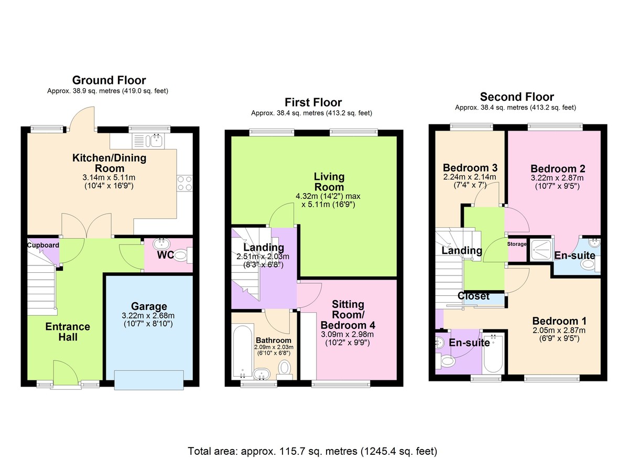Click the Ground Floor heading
coord(109,80)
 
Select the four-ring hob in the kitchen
coord(185,183)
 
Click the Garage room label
coord(149,306)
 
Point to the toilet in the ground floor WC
coord(181,256)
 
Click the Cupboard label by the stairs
coord(43,245)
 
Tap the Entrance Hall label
coord(68,332)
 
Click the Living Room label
coord(329,182)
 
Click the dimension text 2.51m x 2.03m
coord(263,257)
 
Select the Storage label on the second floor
coord(517,244)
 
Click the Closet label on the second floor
coord(473,296)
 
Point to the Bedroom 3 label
coord(470,168)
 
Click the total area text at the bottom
coord(312,451)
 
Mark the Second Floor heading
coord(516,97)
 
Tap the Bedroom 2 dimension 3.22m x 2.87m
coord(557,178)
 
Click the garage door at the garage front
coord(149,379)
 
